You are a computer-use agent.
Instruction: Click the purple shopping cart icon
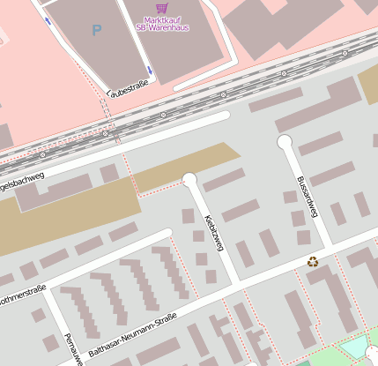[161, 8]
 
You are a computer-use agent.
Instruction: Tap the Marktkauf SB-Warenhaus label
[162, 23]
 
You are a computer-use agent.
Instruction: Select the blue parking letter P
[96, 31]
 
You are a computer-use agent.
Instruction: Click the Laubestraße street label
[127, 88]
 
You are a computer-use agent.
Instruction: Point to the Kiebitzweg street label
[211, 230]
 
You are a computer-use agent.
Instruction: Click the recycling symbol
[313, 261]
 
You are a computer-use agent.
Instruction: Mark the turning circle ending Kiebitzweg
[189, 180]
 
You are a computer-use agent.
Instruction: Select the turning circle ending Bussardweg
[285, 141]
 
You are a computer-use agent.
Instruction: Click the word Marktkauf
[162, 19]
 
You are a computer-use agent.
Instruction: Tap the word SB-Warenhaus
[162, 27]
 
